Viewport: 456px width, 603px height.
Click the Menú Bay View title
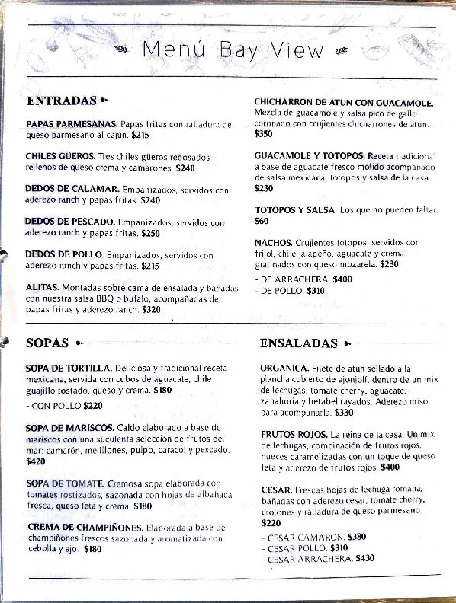[x=233, y=50]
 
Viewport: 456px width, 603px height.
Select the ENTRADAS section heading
[x=61, y=100]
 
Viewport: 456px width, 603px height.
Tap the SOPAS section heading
[x=47, y=343]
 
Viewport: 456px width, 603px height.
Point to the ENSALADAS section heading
[x=298, y=343]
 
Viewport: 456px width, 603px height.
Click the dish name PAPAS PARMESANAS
[x=71, y=123]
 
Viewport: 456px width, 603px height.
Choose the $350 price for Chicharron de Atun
[x=263, y=133]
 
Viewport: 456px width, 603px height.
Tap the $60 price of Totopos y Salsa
[x=262, y=221]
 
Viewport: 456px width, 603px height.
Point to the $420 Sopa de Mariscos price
[x=35, y=461]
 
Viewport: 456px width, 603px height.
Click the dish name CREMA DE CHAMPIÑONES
[x=84, y=527]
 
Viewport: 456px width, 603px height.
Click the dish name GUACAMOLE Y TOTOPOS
[x=309, y=155]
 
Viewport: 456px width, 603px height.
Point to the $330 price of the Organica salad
[x=344, y=413]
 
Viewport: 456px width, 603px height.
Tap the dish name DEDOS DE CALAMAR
[x=71, y=189]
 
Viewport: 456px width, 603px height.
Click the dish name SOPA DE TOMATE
[x=65, y=483]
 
